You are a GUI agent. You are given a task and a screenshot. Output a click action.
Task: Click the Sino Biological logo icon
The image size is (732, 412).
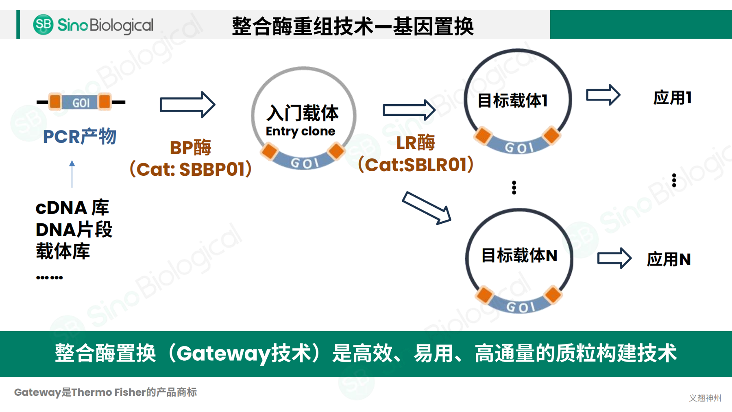[43, 24]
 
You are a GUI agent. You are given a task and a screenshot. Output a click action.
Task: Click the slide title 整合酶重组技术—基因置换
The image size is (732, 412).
[353, 26]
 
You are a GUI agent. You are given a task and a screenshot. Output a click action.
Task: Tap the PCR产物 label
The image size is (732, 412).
[80, 137]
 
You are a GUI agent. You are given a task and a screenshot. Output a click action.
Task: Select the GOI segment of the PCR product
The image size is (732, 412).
[81, 102]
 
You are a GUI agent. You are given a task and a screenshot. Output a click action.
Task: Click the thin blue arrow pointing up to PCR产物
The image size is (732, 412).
[72, 174]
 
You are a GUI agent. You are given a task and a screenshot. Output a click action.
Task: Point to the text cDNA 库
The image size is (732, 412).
[72, 208]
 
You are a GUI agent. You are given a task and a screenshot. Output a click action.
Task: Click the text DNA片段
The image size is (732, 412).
[74, 229]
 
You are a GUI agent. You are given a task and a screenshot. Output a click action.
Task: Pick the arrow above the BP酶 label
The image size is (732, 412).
[187, 105]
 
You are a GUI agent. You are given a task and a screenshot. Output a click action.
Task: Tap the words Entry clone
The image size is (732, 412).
[300, 131]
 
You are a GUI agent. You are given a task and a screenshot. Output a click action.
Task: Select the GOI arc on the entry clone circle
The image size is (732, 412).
[303, 163]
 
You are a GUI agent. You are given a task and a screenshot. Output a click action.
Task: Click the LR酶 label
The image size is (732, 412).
[415, 143]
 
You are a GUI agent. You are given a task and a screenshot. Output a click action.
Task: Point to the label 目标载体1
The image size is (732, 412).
[512, 100]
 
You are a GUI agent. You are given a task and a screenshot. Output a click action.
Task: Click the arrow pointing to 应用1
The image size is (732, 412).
[603, 95]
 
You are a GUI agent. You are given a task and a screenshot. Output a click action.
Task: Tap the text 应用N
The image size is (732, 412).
[669, 259]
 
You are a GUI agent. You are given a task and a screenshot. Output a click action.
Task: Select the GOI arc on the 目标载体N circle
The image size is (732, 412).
[520, 306]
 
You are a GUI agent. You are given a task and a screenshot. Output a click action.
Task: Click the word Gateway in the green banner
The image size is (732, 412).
[223, 353]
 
